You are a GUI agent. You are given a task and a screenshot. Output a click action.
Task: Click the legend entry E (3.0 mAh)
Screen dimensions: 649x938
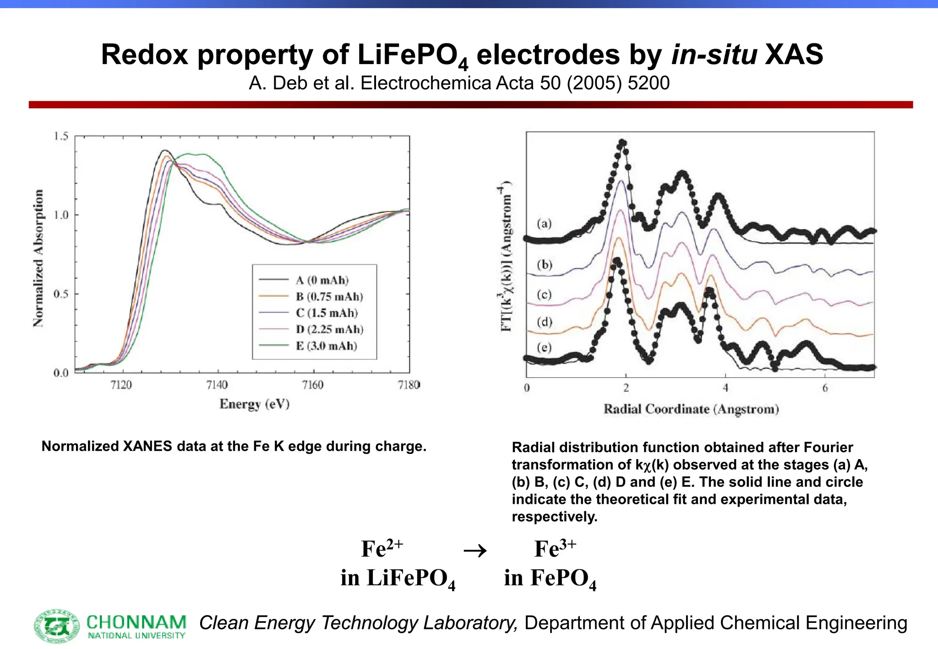(326, 346)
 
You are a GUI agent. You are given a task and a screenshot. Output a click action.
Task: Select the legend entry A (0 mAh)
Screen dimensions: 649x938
(322, 280)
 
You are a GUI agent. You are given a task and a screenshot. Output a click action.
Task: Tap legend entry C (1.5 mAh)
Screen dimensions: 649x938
(327, 313)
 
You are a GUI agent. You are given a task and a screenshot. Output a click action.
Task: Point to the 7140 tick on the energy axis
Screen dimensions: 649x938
(217, 385)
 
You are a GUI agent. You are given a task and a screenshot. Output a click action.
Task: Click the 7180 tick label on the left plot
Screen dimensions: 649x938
(409, 385)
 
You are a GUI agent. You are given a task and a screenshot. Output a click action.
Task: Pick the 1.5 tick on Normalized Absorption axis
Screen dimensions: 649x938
(61, 136)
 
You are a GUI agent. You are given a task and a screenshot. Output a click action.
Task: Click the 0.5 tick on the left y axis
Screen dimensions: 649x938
(61, 294)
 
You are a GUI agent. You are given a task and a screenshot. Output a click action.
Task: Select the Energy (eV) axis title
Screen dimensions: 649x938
(254, 404)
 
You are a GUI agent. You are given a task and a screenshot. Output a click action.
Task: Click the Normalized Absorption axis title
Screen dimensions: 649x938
(39, 258)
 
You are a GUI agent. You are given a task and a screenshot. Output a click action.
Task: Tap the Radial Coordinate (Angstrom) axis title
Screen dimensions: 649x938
(691, 409)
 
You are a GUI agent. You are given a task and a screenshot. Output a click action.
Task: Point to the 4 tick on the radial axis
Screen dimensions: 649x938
(725, 388)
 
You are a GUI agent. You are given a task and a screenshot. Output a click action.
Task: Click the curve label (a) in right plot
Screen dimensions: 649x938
(544, 223)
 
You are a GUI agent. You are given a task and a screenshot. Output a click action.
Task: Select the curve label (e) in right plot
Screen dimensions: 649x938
(544, 347)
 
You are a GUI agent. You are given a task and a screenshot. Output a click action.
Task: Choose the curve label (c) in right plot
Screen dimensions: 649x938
(544, 294)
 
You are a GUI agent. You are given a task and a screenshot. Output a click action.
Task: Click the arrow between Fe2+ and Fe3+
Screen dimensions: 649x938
(475, 551)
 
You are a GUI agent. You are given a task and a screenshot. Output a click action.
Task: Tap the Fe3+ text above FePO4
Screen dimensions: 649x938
(555, 549)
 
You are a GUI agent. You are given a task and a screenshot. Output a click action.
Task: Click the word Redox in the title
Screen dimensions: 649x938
(144, 54)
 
